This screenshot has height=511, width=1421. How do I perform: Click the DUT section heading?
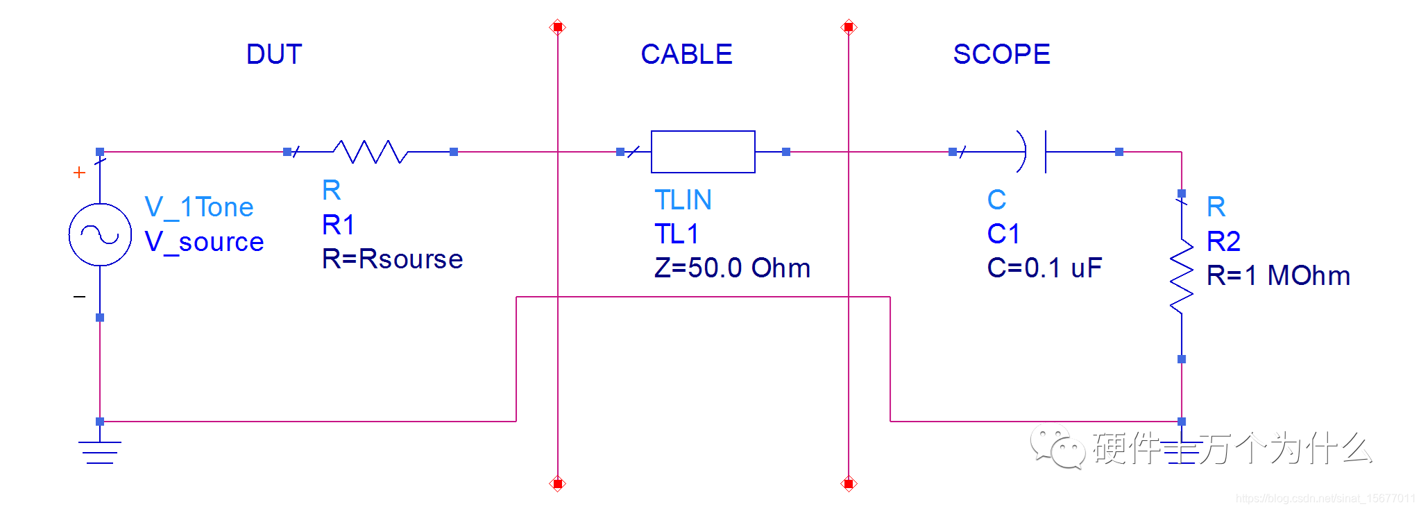click(x=274, y=54)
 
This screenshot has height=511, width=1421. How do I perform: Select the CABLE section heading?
click(x=686, y=54)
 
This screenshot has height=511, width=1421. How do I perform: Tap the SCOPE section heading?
click(x=1001, y=54)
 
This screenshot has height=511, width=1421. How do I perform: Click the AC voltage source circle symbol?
click(x=100, y=234)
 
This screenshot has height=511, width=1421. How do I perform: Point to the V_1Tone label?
click(x=199, y=207)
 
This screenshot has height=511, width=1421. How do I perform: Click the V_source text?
click(x=204, y=242)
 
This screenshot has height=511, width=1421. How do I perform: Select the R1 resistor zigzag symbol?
click(x=370, y=152)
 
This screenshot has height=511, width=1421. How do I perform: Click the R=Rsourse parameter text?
click(x=392, y=259)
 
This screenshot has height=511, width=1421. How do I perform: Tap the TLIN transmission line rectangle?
click(x=703, y=152)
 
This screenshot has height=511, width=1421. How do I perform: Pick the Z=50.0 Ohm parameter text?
click(x=732, y=268)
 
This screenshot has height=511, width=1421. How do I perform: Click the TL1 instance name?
click(x=677, y=234)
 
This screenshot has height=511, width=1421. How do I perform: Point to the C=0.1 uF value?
click(x=1044, y=268)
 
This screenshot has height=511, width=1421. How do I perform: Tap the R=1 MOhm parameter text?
click(x=1278, y=276)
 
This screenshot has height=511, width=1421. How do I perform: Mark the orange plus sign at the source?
click(x=80, y=172)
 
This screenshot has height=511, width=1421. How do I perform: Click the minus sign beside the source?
click(x=80, y=297)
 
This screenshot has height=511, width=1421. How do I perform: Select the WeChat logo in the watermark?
click(x=1057, y=447)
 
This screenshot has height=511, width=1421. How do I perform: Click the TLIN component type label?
click(x=683, y=200)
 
